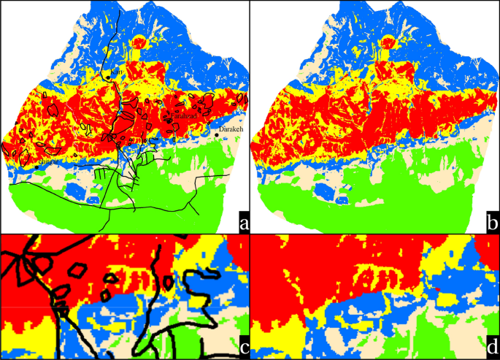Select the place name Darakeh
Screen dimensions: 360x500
(x=231, y=130)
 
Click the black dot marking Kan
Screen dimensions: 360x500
(x=108, y=77)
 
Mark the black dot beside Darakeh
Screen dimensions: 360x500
(x=217, y=135)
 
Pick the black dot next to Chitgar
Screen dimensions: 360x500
(x=36, y=167)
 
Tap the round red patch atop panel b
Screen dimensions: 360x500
(x=388, y=42)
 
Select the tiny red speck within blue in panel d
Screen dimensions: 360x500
(x=436, y=291)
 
